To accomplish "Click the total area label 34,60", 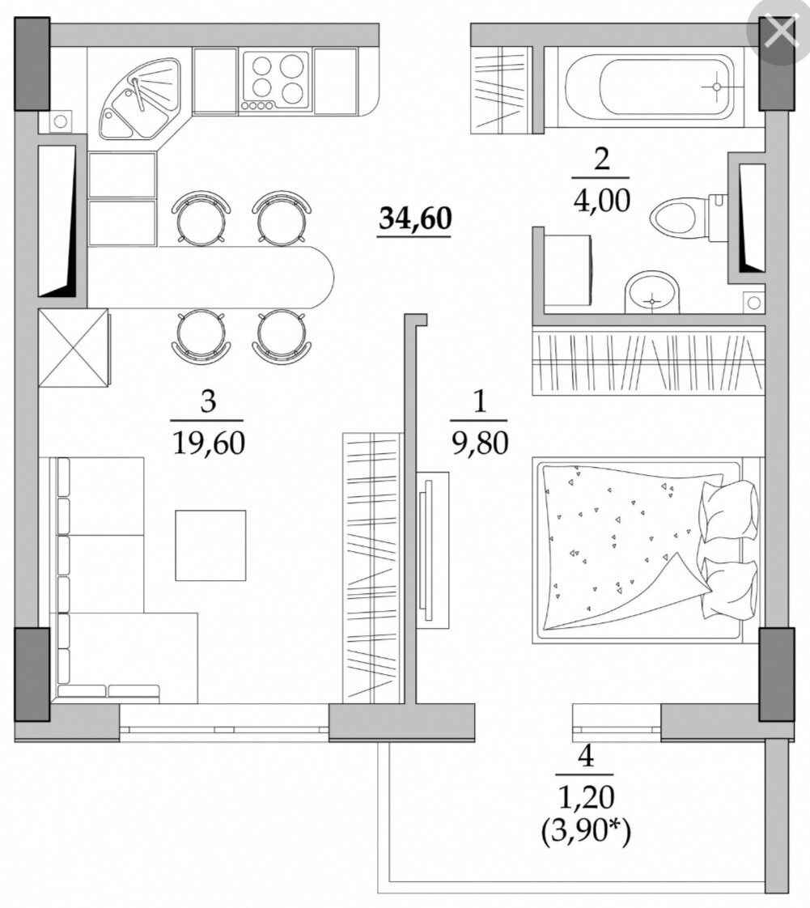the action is click(x=415, y=219).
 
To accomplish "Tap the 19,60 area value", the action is click(x=209, y=443).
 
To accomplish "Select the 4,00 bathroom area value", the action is click(x=601, y=201).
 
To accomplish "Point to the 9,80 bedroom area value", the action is click(x=480, y=443).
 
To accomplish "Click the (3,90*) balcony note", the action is click(x=586, y=833).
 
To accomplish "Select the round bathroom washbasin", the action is click(x=651, y=292).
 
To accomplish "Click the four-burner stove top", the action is click(x=275, y=81).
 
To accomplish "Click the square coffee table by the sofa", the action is click(x=210, y=545).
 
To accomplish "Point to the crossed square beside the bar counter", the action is click(x=73, y=347).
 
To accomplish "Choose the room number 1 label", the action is click(x=479, y=401).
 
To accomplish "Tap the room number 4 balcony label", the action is click(x=586, y=756).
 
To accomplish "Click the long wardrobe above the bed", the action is click(x=648, y=361).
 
